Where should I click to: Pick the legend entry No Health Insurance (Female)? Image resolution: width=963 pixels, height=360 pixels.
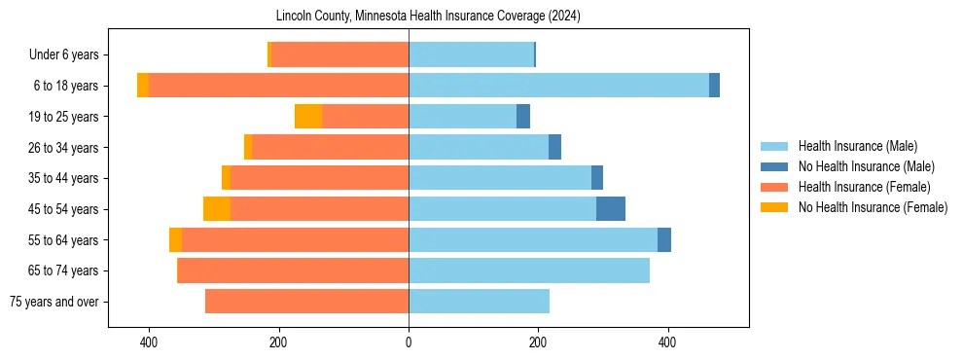[873, 207]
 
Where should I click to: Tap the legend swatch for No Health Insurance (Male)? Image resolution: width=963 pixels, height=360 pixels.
[775, 166]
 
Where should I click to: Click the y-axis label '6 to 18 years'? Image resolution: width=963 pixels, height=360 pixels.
[66, 86]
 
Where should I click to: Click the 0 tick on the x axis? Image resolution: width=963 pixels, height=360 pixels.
[409, 342]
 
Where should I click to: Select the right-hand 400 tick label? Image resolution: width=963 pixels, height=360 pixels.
[667, 342]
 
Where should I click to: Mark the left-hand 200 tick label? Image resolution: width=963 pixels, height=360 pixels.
[279, 342]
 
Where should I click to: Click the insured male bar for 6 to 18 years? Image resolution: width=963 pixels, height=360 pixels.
[558, 86]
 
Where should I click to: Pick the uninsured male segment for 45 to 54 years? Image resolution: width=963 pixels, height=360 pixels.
[611, 209]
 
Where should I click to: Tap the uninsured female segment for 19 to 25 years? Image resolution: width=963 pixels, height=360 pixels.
[308, 117]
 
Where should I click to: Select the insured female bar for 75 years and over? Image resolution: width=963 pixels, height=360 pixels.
[306, 302]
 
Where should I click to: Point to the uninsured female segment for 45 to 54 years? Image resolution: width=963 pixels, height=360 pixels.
[217, 209]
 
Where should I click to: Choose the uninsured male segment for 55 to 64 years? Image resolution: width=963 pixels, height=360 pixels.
[664, 240]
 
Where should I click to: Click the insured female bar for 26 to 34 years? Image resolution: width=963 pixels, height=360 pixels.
[331, 147]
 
